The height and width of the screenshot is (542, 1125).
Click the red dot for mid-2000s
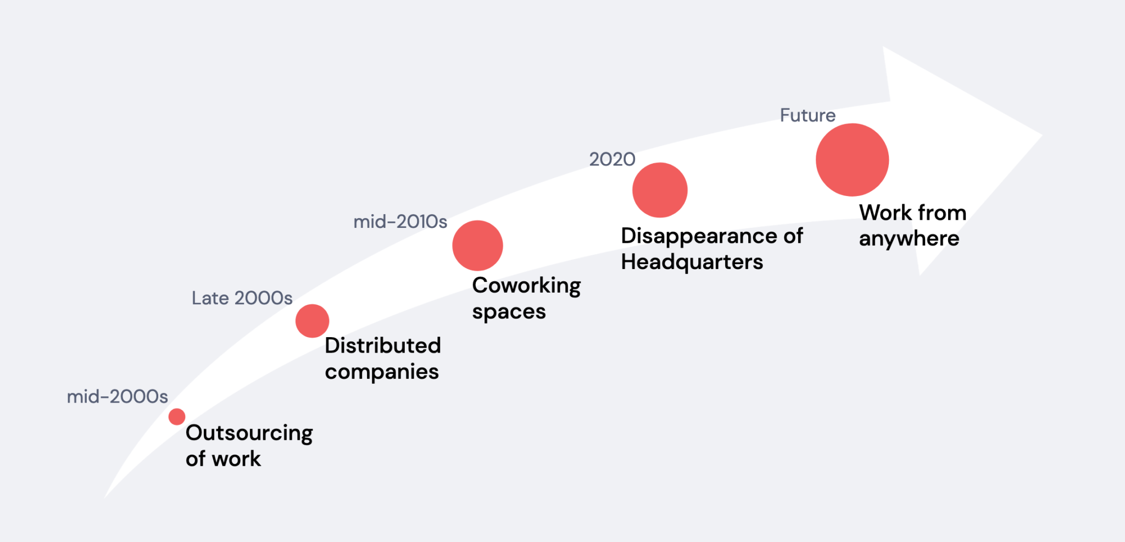pyautogui.click(x=177, y=417)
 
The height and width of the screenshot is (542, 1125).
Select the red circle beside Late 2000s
pyautogui.click(x=312, y=321)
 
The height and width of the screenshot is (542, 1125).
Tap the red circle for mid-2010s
pyautogui.click(x=477, y=245)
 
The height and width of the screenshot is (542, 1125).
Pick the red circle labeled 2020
pyautogui.click(x=660, y=190)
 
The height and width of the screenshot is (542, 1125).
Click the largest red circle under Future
pyautogui.click(x=852, y=160)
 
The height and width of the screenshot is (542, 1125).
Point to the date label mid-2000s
pyautogui.click(x=118, y=396)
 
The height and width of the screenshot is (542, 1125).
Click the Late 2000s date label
pyautogui.click(x=242, y=298)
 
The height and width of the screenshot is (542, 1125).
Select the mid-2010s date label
pyautogui.click(x=400, y=222)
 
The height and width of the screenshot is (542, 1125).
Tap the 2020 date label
pyautogui.click(x=612, y=159)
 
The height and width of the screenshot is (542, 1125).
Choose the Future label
pyautogui.click(x=808, y=115)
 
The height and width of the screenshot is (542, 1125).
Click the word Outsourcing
pyautogui.click(x=249, y=434)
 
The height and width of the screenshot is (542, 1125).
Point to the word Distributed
pyautogui.click(x=383, y=345)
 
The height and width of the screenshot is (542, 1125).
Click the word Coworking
pyautogui.click(x=526, y=286)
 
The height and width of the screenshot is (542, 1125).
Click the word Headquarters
pyautogui.click(x=692, y=262)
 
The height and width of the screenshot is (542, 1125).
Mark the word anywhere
pyautogui.click(x=909, y=239)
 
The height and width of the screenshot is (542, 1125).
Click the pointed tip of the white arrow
pyautogui.click(x=1042, y=135)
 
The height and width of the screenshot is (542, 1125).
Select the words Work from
pyautogui.click(x=913, y=213)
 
